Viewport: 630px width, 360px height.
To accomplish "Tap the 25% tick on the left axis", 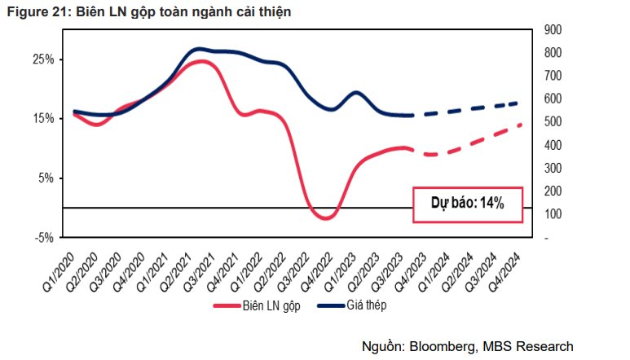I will click(43, 59).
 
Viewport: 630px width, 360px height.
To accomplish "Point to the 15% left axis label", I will click(43, 118).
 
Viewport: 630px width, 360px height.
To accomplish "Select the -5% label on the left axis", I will click(44, 238).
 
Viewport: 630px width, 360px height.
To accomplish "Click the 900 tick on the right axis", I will click(553, 29).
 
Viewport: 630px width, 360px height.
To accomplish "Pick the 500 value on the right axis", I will click(553, 121).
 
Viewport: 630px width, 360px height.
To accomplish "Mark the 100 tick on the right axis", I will click(553, 214).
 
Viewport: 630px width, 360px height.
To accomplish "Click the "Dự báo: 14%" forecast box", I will click(467, 204).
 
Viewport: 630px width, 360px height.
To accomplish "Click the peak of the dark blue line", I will click(200, 49).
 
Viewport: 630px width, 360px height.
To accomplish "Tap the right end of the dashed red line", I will click(520, 125).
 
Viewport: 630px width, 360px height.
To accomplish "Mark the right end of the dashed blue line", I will click(520, 103).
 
